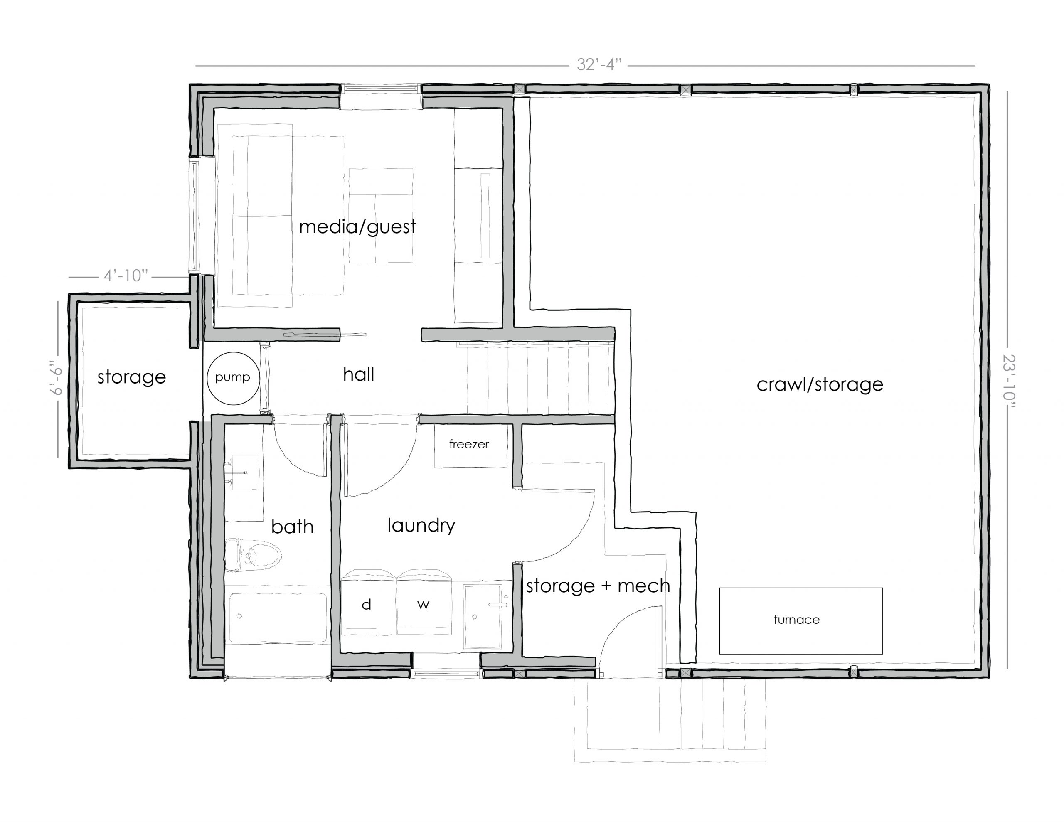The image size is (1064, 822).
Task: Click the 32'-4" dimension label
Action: pos(599,64)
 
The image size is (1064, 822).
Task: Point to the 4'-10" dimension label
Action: pos(125,276)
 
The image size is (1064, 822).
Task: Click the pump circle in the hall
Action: pos(233,378)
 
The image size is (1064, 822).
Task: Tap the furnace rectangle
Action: pos(800,620)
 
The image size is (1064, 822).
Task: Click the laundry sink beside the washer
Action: pos(482,616)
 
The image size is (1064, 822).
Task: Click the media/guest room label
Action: pos(357,226)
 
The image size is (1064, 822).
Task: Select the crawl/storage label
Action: pos(820,384)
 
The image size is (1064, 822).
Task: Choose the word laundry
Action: pos(421,525)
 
